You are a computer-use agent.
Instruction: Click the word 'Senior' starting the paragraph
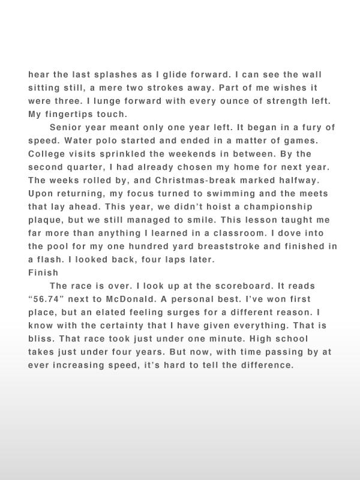click(x=66, y=128)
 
